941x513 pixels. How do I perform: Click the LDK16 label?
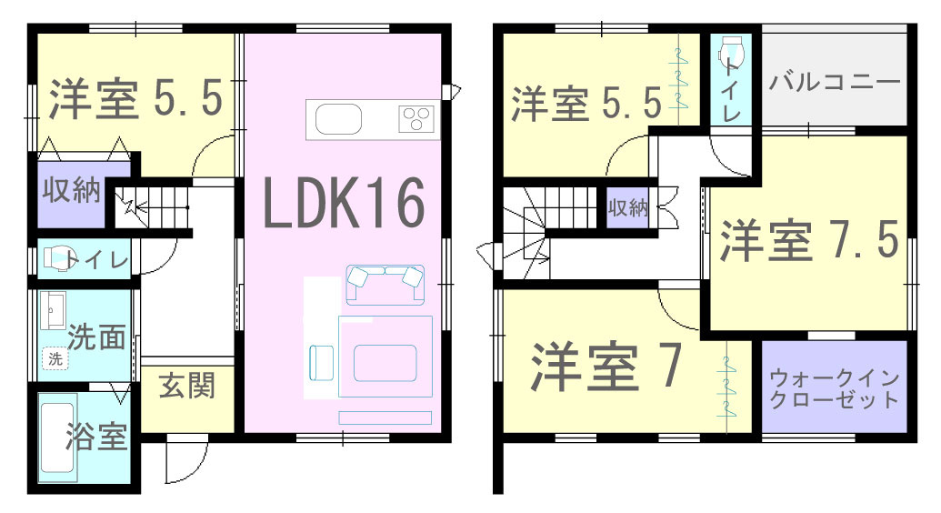pyautogui.click(x=344, y=203)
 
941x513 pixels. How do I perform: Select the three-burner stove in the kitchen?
pyautogui.click(x=416, y=119)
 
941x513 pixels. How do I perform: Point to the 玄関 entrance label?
pyautogui.click(x=188, y=386)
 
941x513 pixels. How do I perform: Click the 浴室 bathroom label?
pyautogui.click(x=95, y=438)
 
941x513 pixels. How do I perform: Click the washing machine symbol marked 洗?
pyautogui.click(x=55, y=359)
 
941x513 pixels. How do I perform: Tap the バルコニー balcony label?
pyautogui.click(x=835, y=82)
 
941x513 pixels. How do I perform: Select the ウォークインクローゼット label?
pyautogui.click(x=834, y=388)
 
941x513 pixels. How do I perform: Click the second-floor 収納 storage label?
pyautogui.click(x=626, y=207)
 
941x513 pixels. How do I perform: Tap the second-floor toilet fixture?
pyautogui.click(x=732, y=54)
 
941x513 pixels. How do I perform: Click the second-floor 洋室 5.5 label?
pyautogui.click(x=586, y=104)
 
